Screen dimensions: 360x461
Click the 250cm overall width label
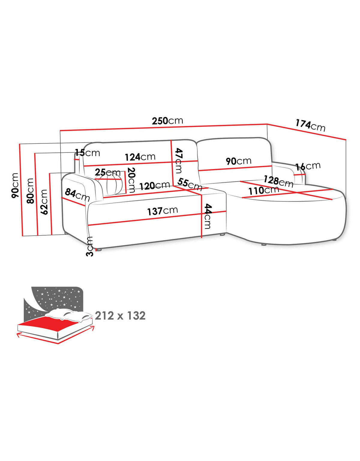[167, 121]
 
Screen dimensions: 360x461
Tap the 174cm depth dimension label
[310, 125]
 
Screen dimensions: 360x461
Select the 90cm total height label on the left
[15, 185]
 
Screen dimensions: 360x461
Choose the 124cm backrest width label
[140, 157]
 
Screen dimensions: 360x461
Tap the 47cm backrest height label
[179, 161]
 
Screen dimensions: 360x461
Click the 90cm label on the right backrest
[238, 161]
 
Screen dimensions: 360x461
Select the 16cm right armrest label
[308, 167]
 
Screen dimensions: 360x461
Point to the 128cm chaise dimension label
[279, 181]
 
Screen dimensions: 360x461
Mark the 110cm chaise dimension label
[263, 191]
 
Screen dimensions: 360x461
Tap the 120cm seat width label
[154, 185]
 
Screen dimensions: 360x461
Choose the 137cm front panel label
[162, 211]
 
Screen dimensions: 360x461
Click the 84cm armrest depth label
[77, 195]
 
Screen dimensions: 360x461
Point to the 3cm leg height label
[90, 246]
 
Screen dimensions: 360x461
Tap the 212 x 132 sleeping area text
[120, 316]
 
